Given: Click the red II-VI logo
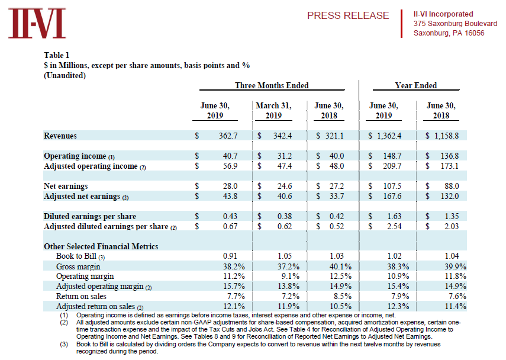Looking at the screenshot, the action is [x=37, y=23].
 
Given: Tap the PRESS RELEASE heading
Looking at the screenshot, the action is [x=348, y=15].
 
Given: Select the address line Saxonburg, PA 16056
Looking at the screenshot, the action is [x=449, y=33].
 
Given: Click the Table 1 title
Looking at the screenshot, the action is [x=56, y=55].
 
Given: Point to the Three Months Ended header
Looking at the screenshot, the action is [x=272, y=85].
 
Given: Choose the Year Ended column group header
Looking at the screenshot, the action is [x=416, y=85].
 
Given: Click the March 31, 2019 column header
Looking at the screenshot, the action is [x=273, y=110].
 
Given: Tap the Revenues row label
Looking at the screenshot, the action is [x=60, y=136].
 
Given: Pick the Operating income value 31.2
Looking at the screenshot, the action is [x=285, y=156].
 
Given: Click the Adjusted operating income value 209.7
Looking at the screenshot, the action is [x=392, y=166].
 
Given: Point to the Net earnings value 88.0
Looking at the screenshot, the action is [x=452, y=186].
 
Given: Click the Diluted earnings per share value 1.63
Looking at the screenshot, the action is [x=394, y=216].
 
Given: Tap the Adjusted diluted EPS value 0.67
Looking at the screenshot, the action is [x=230, y=226].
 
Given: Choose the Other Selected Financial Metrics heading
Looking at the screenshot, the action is [x=101, y=246].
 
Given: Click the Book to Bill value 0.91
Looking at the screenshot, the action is [x=230, y=256].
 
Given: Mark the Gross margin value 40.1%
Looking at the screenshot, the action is [x=340, y=266].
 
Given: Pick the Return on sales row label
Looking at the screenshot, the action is [x=81, y=296].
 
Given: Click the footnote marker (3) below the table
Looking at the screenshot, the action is [x=64, y=344].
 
